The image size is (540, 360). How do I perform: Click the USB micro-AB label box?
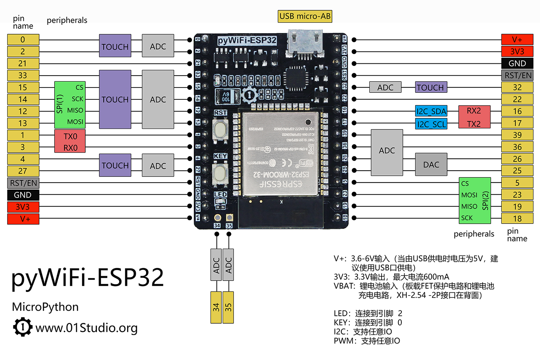[x=305, y=16]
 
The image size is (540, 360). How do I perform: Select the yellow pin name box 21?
[x=23, y=63]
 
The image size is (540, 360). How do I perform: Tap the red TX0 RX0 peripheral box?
[x=70, y=141]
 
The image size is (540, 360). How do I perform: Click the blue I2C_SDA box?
[x=431, y=111]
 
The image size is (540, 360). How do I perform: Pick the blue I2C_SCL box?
[x=431, y=124]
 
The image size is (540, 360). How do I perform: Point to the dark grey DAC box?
[x=431, y=165]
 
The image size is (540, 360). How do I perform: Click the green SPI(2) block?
[x=475, y=201]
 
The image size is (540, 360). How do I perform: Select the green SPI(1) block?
[x=70, y=105]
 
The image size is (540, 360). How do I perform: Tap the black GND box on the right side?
[x=517, y=63]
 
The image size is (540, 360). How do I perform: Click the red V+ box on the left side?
[x=23, y=219]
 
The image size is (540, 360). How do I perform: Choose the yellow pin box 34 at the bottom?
[x=216, y=307]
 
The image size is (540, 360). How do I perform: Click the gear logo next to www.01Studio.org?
[x=23, y=327]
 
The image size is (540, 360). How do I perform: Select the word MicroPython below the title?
[x=45, y=307]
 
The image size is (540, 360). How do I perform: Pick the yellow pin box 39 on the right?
[x=517, y=135]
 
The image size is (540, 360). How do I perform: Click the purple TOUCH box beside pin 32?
[x=431, y=87]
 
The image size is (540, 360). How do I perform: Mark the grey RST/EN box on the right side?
[x=517, y=75]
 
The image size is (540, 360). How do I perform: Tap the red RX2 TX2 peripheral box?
[x=474, y=117]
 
